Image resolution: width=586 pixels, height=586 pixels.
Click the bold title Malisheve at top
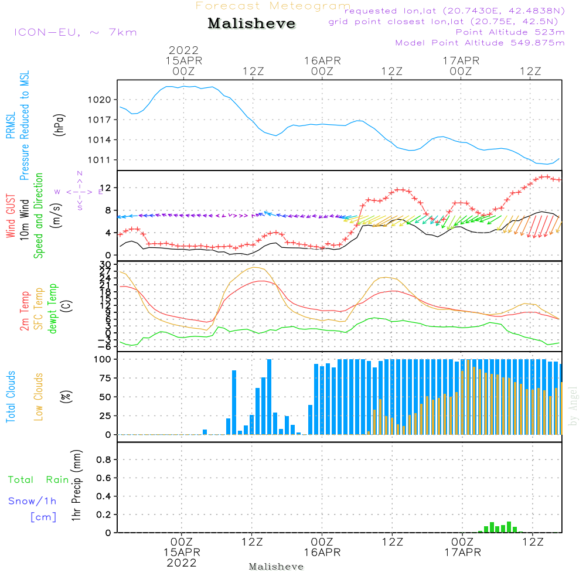(252, 24)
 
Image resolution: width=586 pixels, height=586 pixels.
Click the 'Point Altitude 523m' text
(510, 32)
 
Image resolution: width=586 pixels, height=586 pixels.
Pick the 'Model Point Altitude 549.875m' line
(480, 43)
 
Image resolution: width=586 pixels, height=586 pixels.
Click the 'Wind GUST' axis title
(11, 216)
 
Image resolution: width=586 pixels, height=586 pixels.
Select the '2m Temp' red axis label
(25, 309)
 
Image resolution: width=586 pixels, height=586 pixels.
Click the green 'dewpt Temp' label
(53, 309)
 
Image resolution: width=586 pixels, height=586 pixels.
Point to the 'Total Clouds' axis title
(11, 397)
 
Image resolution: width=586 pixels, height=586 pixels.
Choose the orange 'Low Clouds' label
(39, 397)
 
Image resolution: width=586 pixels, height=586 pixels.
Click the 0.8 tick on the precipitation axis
(104, 460)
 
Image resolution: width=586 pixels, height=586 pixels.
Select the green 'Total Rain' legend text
(39, 480)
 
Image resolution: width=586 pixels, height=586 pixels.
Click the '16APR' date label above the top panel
(322, 60)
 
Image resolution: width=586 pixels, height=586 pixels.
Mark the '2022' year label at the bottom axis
(182, 563)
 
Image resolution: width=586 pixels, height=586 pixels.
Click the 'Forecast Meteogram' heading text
(273, 6)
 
